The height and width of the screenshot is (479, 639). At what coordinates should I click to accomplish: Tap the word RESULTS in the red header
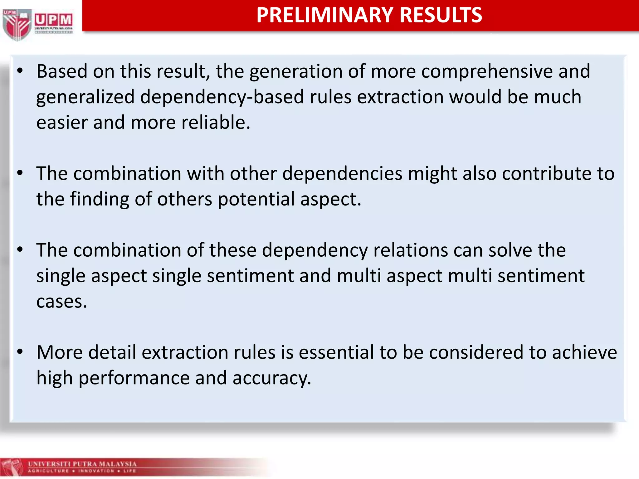[x=441, y=15]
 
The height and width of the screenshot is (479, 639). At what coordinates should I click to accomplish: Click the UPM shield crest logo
[x=17, y=24]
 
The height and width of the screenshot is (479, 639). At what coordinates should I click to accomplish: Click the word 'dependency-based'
[x=222, y=97]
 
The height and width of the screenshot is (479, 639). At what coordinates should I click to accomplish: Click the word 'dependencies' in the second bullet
[x=342, y=173]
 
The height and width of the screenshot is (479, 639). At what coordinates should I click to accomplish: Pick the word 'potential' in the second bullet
[x=256, y=199]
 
